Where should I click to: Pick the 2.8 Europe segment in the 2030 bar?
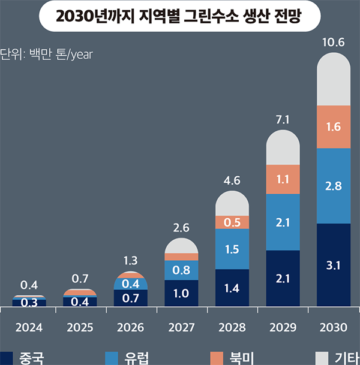[x=333, y=186]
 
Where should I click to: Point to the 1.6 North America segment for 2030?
[x=333, y=127]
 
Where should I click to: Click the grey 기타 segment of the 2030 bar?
[x=333, y=81]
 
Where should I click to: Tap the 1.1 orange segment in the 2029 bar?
[x=282, y=179]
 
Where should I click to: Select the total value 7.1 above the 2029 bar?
[x=282, y=120]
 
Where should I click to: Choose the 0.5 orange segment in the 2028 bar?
[x=232, y=222]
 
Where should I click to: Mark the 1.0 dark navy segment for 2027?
[x=181, y=293]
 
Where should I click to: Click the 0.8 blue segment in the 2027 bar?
[x=181, y=270]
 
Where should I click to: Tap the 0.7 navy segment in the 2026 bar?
[x=130, y=298]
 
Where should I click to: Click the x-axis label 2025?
[x=79, y=328]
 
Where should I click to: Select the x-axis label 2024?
[x=29, y=328]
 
